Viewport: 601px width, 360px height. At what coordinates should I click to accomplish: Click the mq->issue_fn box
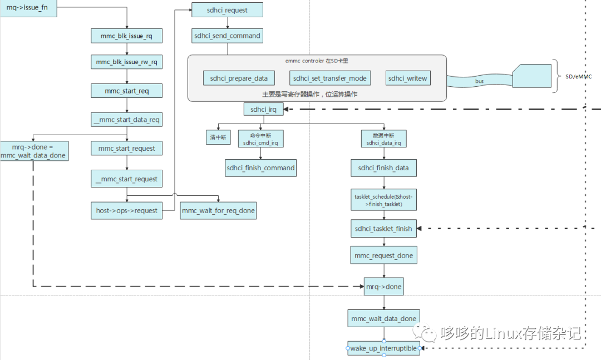click(28, 9)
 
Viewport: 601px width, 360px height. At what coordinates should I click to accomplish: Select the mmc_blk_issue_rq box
click(127, 36)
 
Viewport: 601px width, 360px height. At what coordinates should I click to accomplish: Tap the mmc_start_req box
click(127, 91)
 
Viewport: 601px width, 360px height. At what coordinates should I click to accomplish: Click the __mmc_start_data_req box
click(127, 119)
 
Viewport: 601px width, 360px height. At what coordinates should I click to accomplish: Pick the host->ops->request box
click(127, 211)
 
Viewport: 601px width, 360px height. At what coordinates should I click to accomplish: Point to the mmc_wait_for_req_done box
click(219, 211)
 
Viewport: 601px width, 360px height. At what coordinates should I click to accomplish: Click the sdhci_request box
click(227, 9)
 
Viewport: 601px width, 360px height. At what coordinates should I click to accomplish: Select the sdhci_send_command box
click(227, 36)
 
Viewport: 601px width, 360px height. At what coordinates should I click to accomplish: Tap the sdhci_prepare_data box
click(239, 78)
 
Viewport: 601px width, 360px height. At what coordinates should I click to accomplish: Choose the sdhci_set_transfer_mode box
click(330, 78)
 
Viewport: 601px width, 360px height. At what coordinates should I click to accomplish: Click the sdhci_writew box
click(408, 78)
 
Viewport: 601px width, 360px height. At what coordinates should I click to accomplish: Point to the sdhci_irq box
click(263, 109)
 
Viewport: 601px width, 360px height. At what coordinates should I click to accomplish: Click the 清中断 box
click(217, 138)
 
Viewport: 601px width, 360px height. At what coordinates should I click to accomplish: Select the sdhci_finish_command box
click(260, 168)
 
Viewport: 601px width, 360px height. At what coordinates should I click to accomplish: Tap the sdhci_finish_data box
click(383, 168)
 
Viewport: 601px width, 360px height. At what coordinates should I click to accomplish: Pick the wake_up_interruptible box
click(383, 348)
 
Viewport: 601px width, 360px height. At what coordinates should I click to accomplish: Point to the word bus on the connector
click(479, 81)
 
